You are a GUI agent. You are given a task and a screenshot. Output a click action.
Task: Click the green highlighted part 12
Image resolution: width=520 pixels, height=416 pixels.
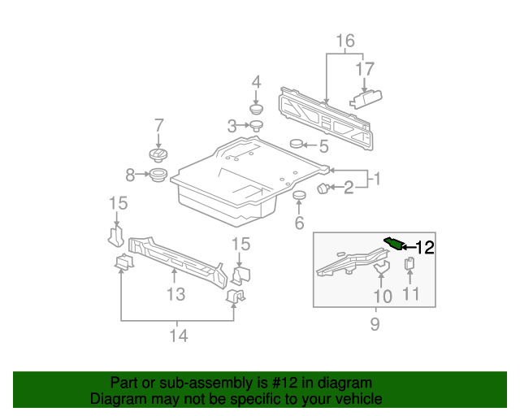[393, 243]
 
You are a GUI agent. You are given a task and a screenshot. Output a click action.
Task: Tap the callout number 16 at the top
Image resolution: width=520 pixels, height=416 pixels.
[345, 41]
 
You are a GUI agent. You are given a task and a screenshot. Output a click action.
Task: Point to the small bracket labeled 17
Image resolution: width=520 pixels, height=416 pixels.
[365, 97]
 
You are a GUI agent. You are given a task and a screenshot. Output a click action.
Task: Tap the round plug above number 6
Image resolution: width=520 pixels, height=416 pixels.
[298, 197]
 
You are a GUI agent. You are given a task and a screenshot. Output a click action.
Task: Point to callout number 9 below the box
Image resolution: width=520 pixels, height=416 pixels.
[375, 325]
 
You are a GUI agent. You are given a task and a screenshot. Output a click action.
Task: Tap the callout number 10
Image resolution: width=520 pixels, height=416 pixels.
[382, 296]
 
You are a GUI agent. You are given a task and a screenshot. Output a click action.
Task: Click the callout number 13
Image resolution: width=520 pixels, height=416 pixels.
[176, 294]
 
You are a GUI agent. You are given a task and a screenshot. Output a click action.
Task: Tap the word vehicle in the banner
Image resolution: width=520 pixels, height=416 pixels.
[357, 399]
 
